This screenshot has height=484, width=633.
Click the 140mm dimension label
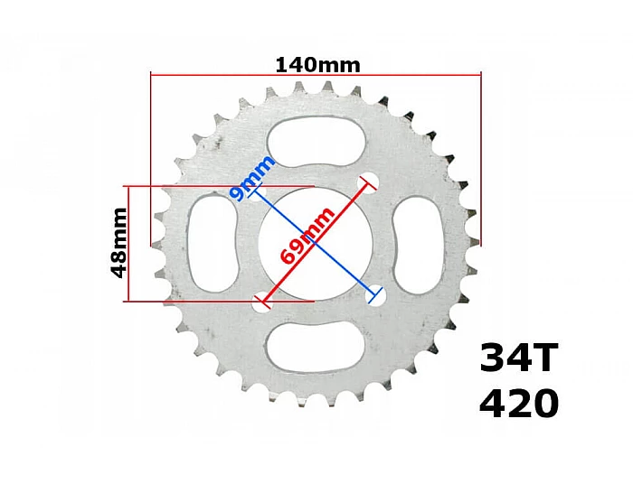click(317, 65)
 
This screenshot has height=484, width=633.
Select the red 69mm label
click(307, 235)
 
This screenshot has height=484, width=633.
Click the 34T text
click(520, 359)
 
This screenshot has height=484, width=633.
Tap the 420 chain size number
click(519, 405)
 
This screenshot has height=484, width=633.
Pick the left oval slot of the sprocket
click(212, 244)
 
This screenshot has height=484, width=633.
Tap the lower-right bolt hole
click(375, 293)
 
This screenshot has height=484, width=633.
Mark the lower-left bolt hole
click(260, 302)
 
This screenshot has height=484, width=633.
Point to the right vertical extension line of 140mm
click(480, 163)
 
